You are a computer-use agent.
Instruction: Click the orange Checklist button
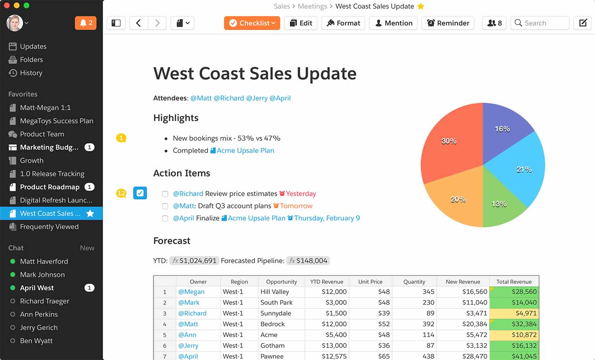tap(252, 23)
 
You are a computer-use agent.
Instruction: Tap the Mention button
tap(393, 23)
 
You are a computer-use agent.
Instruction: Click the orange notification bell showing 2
tap(86, 23)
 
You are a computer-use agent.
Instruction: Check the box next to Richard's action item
tap(165, 194)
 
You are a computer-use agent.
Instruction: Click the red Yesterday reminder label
tap(300, 194)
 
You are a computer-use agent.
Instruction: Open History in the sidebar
tap(31, 73)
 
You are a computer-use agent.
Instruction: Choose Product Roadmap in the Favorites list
tap(49, 187)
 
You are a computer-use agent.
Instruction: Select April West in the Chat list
tap(37, 288)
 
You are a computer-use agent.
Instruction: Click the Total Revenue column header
tap(514, 281)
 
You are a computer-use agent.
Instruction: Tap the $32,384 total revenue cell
tap(514, 324)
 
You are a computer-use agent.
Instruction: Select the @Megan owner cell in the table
tap(192, 291)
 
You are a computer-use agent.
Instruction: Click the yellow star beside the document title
tap(421, 6)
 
